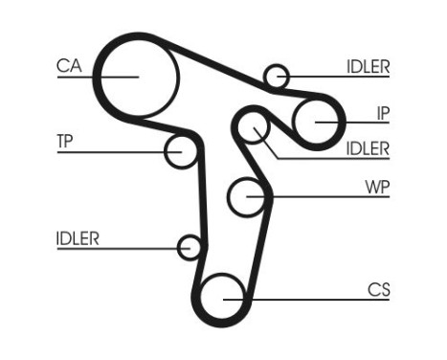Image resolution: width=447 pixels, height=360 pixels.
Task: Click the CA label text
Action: [x=68, y=66]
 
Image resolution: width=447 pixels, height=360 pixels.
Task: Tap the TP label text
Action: [x=65, y=141]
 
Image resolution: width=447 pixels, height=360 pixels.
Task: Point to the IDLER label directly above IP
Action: [x=368, y=66]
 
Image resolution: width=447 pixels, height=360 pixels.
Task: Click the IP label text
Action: [x=382, y=113]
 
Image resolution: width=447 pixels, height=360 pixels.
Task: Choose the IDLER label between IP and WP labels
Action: [x=368, y=148]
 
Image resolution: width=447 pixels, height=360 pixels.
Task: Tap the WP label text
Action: [x=377, y=186]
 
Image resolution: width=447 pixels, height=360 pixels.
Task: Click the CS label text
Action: [x=379, y=288]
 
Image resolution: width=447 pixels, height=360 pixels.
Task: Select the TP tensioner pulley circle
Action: [x=180, y=151]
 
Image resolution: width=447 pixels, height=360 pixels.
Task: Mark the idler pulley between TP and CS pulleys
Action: [x=190, y=248]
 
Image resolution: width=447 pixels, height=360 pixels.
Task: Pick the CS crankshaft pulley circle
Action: [x=223, y=296]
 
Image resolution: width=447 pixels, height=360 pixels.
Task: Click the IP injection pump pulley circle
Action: [x=316, y=121]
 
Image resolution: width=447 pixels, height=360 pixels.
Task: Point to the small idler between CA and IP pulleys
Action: [x=276, y=76]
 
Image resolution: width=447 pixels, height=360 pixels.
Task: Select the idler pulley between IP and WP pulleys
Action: [x=253, y=129]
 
